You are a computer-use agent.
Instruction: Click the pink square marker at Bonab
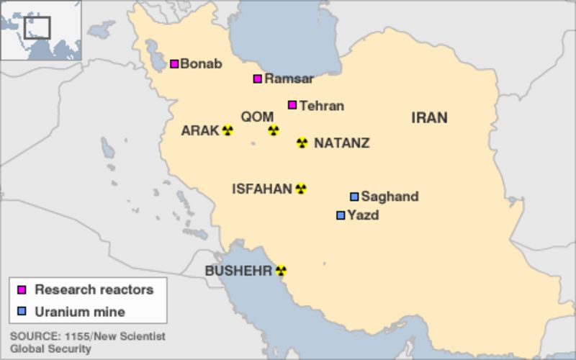coord(174,64)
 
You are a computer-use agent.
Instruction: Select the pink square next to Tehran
coord(292,105)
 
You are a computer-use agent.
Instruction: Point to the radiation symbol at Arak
coord(228,130)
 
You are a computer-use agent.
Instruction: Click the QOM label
coord(257,117)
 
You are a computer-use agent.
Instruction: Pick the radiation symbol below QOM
coord(273,130)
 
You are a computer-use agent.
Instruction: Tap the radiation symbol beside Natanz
coord(302,143)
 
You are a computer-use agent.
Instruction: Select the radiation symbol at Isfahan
coord(301,189)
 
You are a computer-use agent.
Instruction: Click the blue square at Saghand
coord(354,197)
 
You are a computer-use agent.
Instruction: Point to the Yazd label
coord(363,215)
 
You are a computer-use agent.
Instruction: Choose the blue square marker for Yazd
coord(341,215)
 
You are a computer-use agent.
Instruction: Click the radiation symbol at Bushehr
coord(281,271)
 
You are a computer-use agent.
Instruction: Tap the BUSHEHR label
coord(238,271)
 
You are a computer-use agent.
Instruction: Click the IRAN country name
coord(429,118)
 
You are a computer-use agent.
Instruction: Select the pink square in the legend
coord(22,290)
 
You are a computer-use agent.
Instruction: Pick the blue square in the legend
coord(22,312)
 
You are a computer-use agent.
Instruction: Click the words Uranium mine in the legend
coord(80,312)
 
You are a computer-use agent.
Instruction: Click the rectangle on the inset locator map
coord(37,27)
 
